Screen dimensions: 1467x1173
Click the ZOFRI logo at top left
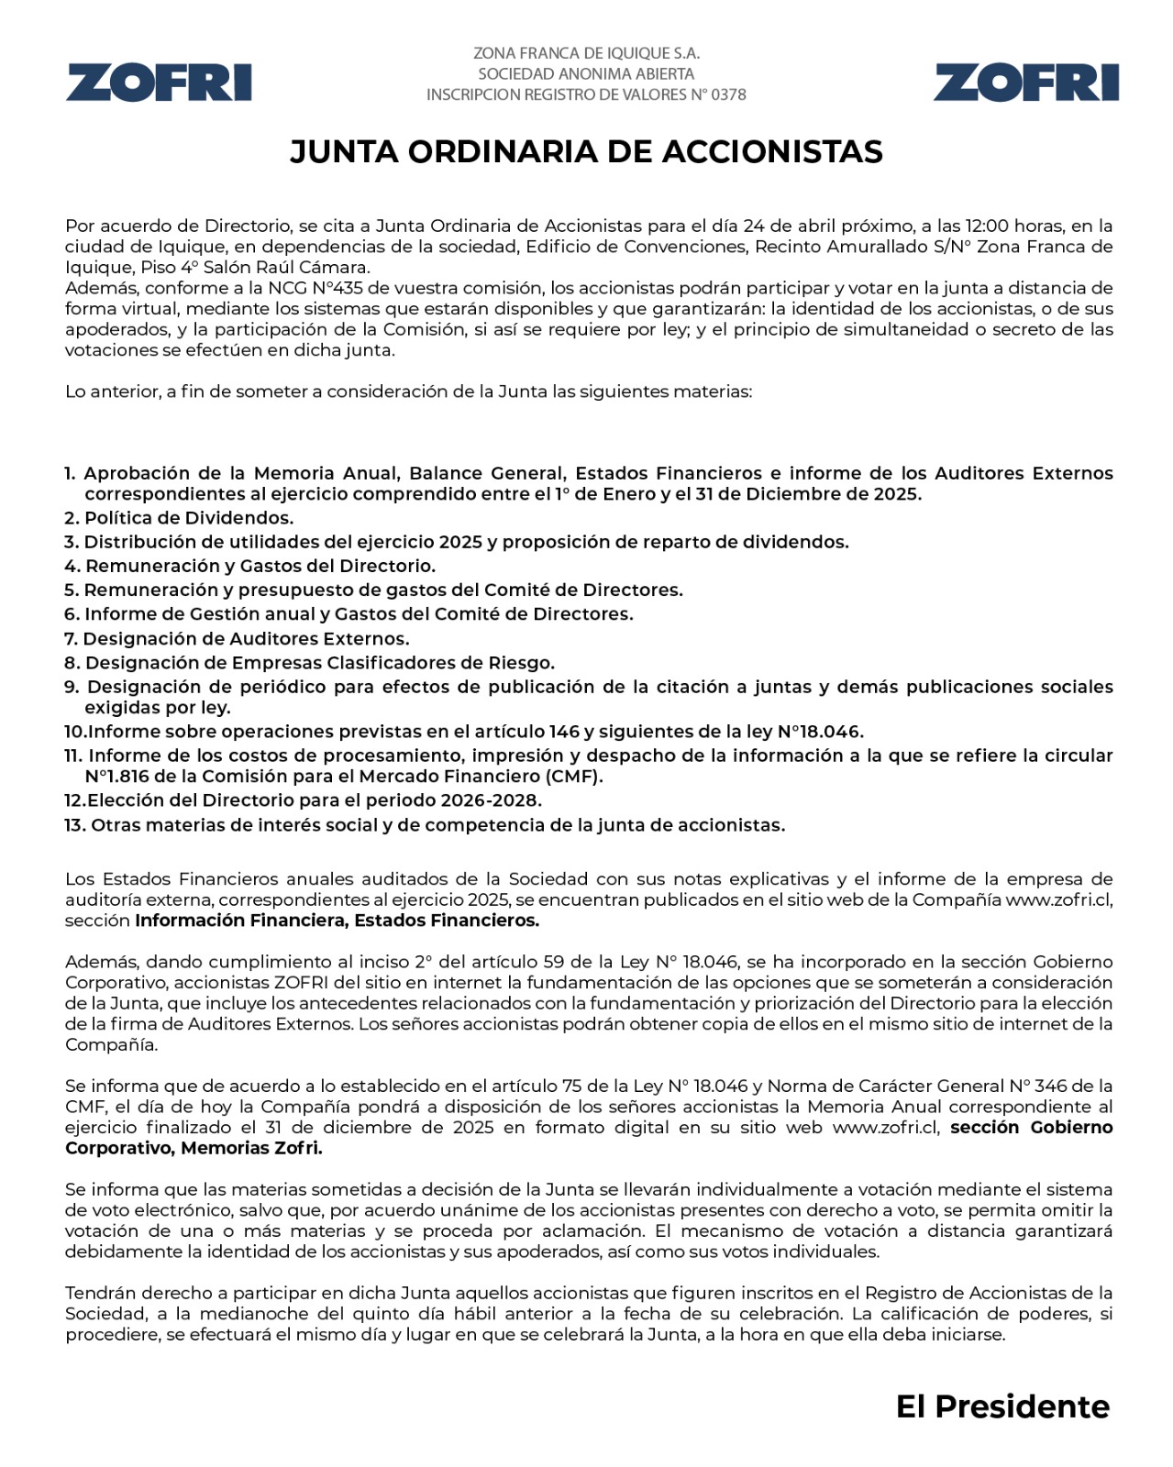[159, 83]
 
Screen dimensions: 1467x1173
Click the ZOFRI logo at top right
[1026, 83]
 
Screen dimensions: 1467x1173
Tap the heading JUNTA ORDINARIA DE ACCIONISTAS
[586, 152]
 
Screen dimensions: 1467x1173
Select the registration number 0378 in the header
[728, 94]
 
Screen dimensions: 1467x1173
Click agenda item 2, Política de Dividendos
[180, 518]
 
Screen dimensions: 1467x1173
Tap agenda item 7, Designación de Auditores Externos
[238, 639]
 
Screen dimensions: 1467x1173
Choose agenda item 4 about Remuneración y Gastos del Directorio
[250, 567]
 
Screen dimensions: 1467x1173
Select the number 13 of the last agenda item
[74, 825]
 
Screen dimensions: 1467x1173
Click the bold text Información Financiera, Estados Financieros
[337, 921]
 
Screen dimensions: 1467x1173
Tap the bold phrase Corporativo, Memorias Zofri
[194, 1148]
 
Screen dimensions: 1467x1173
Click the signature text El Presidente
[1002, 1406]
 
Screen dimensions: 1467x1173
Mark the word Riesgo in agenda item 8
[524, 663]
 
